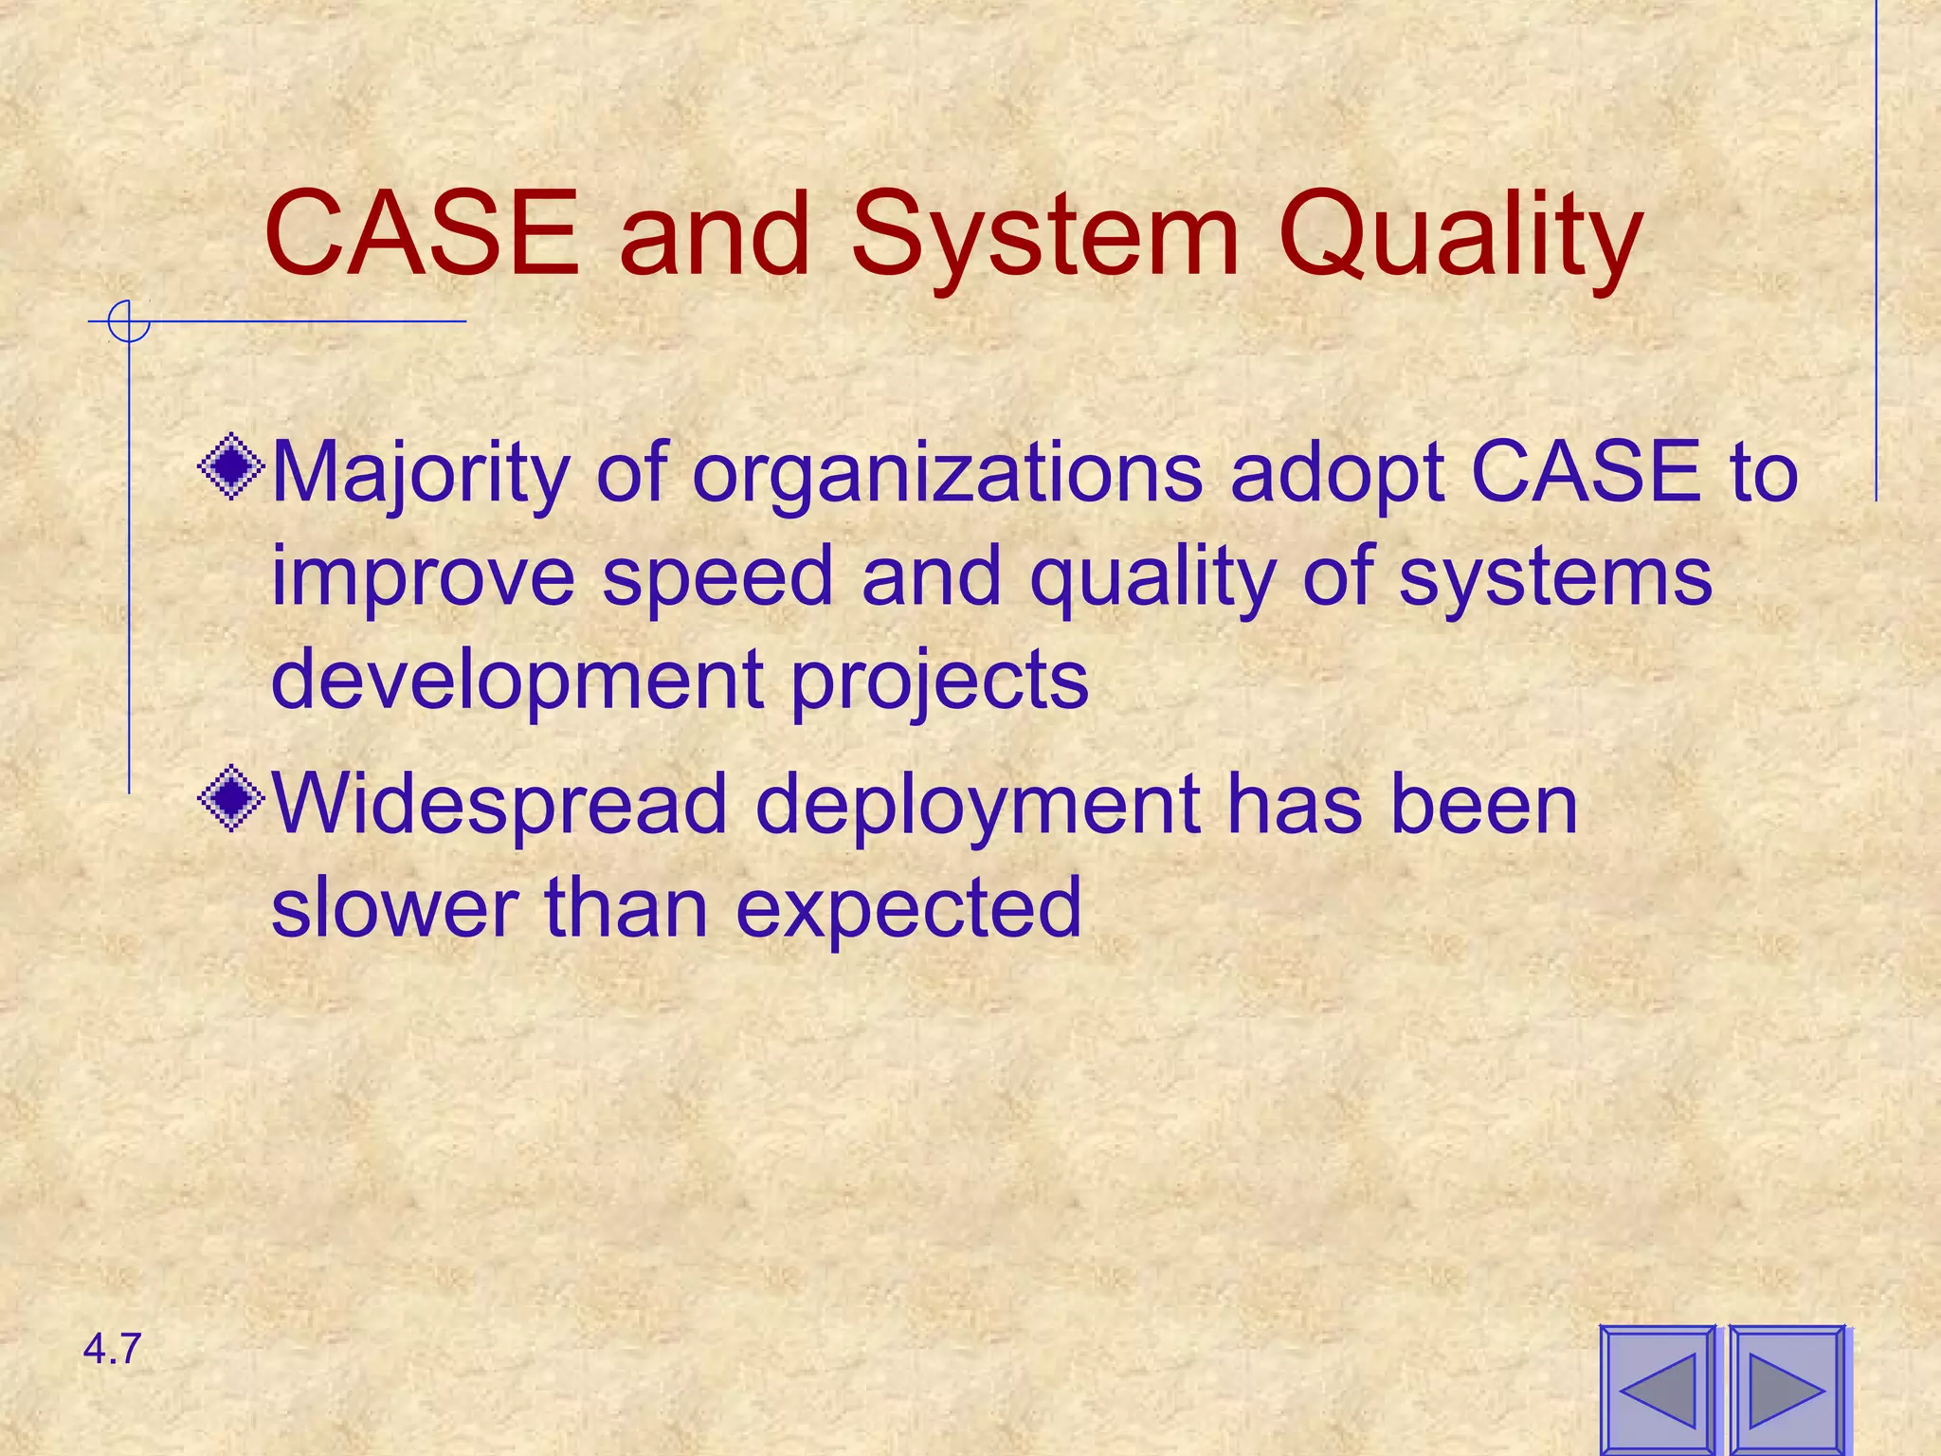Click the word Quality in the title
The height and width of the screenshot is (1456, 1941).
1460,237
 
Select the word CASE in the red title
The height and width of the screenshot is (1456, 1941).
422,234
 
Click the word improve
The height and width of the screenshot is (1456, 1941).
423,578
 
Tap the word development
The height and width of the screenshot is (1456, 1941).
517,681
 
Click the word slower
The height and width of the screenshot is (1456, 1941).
394,907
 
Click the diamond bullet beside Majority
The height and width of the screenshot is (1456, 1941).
231,466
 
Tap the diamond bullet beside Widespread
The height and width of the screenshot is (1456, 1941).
231,798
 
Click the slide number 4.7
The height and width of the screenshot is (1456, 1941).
112,1349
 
